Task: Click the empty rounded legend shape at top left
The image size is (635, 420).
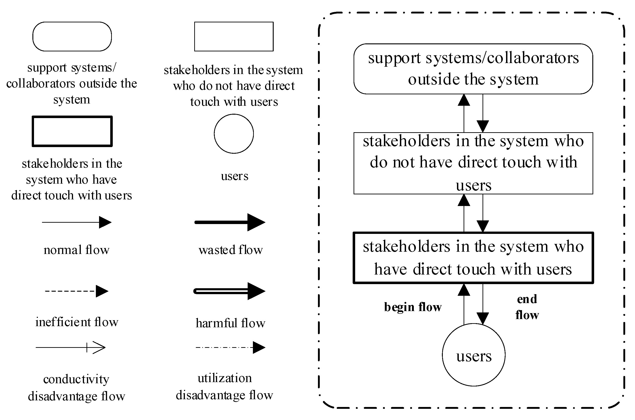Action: [x=72, y=37]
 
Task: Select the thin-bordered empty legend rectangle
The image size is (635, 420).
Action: [x=234, y=37]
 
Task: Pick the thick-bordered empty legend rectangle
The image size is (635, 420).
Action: [x=72, y=131]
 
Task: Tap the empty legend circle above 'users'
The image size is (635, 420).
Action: [x=234, y=134]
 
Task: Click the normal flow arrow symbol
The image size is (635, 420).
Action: [x=76, y=222]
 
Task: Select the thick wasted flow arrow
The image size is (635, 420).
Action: [x=230, y=222]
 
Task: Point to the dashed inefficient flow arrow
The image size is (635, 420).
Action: [x=76, y=291]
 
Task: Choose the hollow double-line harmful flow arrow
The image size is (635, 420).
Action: [x=230, y=291]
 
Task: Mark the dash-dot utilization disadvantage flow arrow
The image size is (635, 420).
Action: [x=230, y=348]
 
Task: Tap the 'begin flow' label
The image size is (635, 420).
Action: [x=412, y=307]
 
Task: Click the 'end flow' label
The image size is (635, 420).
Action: [x=527, y=307]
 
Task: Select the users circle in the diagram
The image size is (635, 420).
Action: [x=474, y=355]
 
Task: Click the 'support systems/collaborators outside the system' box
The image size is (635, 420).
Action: [x=473, y=69]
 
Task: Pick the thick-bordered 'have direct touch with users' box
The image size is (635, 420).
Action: [x=473, y=258]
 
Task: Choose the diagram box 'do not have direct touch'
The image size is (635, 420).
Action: [x=473, y=163]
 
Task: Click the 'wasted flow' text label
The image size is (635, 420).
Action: [x=231, y=250]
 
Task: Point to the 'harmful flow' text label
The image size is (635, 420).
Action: [x=230, y=323]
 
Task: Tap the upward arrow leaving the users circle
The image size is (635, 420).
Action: [x=464, y=304]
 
